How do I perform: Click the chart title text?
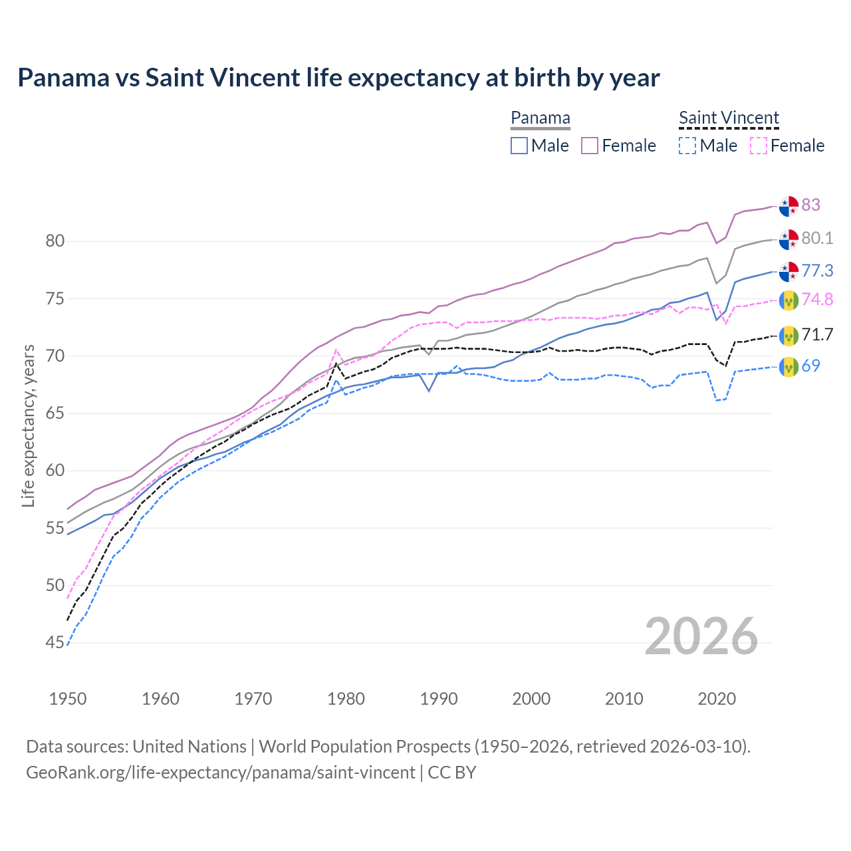[338, 78]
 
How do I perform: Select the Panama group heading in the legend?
[540, 118]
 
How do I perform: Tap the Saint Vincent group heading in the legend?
[729, 118]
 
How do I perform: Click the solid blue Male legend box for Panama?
[519, 146]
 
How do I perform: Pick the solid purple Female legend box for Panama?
[590, 146]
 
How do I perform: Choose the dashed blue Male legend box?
[687, 146]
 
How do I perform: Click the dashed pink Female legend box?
[758, 146]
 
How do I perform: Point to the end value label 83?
[810, 205]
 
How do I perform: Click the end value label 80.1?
[817, 238]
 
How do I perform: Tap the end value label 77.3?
[817, 271]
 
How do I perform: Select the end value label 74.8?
[817, 299]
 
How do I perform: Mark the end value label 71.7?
[817, 334]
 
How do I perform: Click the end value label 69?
[810, 366]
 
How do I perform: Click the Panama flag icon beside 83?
[789, 206]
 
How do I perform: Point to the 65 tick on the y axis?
[55, 414]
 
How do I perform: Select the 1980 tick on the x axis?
[346, 699]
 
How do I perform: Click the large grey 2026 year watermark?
[701, 637]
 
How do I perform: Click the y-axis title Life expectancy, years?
[28, 425]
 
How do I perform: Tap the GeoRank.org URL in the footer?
[220, 773]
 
